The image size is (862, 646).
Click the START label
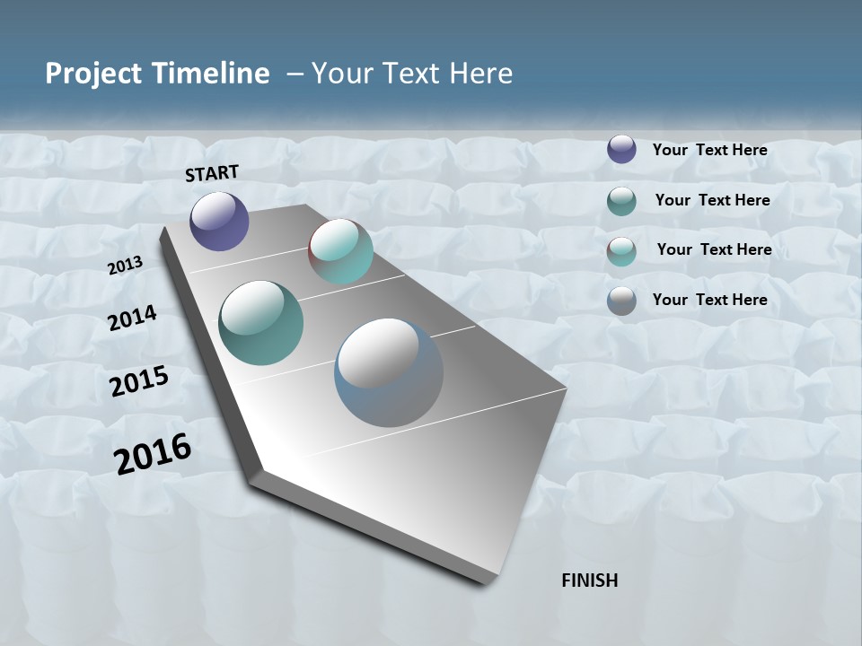tap(212, 173)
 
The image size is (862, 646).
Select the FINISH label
tap(589, 581)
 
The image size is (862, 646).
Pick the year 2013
tap(126, 266)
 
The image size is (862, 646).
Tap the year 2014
tap(133, 319)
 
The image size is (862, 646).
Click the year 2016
tap(153, 454)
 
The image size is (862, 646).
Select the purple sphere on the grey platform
tap(219, 222)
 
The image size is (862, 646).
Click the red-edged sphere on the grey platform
tap(340, 251)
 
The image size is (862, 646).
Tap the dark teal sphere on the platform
tap(261, 323)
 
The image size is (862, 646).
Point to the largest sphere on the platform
tap(389, 372)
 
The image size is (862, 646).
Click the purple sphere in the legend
tap(621, 150)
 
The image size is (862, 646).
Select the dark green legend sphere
tap(621, 201)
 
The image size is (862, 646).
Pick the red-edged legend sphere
tap(621, 250)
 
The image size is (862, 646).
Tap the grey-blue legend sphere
tap(621, 301)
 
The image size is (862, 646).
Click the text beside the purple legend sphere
tap(709, 150)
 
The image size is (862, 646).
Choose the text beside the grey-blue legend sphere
tap(709, 300)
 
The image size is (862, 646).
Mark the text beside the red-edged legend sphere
tap(714, 249)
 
